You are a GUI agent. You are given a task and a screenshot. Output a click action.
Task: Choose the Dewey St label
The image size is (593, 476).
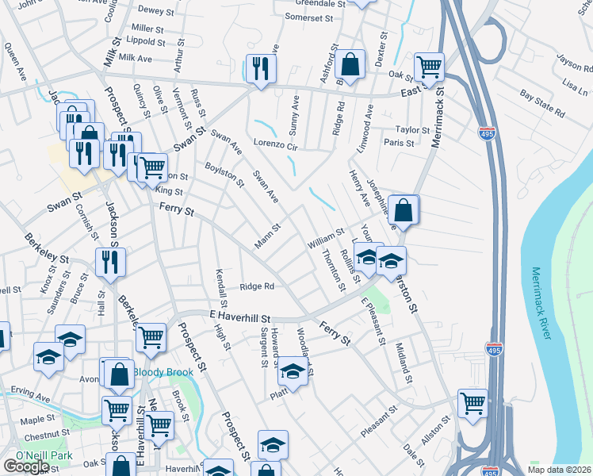(155, 10)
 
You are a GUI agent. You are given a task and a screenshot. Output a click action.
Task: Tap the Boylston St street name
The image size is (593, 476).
(224, 174)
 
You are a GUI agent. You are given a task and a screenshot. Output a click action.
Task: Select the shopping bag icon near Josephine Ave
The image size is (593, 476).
(404, 210)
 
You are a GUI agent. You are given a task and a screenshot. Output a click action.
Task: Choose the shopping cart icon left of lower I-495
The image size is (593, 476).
(473, 402)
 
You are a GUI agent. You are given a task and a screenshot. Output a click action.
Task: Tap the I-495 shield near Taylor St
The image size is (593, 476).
(487, 133)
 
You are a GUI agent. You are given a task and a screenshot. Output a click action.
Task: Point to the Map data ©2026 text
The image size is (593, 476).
(558, 470)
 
